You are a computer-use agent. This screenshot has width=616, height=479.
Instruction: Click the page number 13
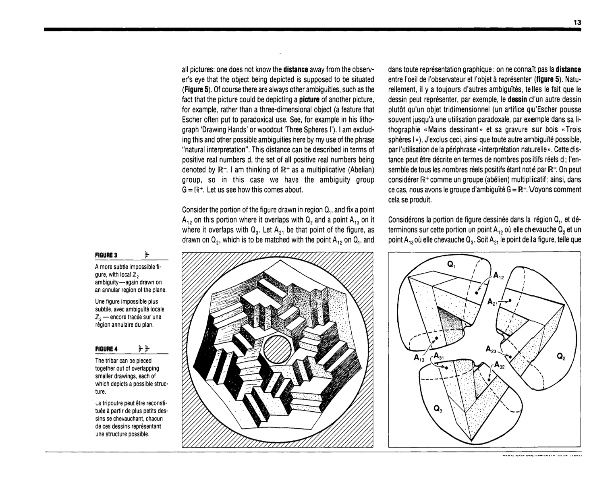coord(577,23)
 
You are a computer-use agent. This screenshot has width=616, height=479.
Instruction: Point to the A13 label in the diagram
coord(419,359)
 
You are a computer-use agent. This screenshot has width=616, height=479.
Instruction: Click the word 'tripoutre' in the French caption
coord(110,403)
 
